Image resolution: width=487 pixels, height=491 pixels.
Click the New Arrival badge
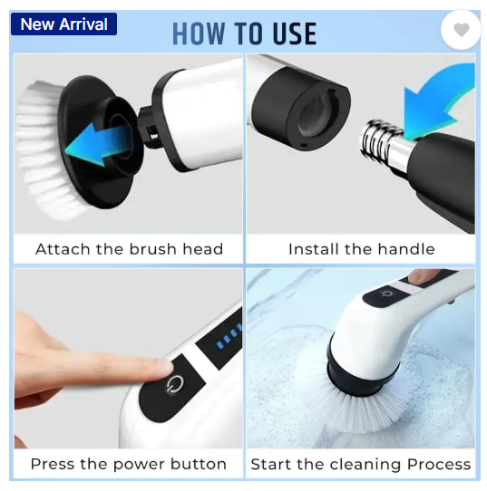tap(63, 24)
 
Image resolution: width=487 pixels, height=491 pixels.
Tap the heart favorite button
tap(461, 30)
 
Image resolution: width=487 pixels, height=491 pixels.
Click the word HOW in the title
tap(199, 34)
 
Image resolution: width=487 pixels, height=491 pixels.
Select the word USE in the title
tap(295, 34)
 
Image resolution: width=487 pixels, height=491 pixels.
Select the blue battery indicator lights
tap(229, 336)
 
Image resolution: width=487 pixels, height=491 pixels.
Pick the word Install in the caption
tap(314, 249)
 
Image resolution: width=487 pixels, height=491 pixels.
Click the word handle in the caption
tap(406, 249)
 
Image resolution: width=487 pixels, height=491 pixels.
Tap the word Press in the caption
tap(53, 464)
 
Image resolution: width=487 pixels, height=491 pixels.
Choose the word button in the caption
tap(199, 464)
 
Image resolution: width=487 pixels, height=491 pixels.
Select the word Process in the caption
tap(439, 465)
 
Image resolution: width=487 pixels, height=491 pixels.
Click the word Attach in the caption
tap(63, 249)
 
